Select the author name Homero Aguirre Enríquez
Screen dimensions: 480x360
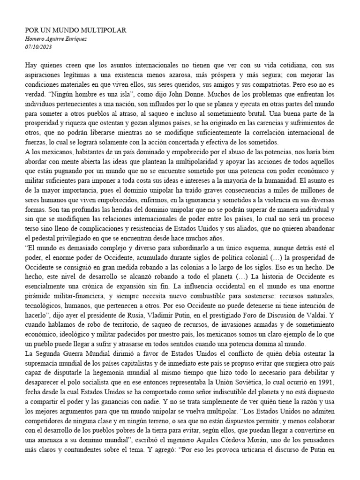(x=56, y=39)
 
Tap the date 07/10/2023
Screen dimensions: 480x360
(x=38, y=47)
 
